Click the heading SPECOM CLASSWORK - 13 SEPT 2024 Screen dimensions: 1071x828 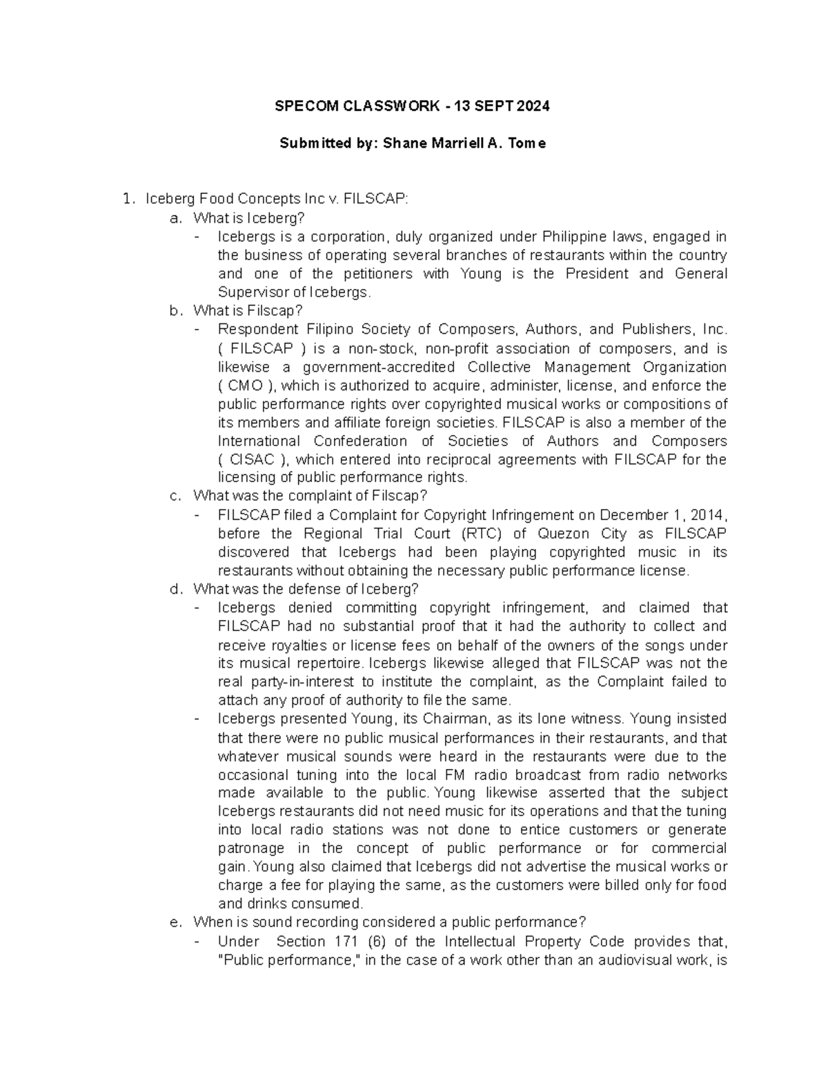(x=413, y=106)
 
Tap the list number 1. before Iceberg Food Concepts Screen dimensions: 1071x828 (x=127, y=199)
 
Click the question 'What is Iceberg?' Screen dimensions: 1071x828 (x=248, y=218)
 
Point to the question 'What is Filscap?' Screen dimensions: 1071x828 (x=248, y=311)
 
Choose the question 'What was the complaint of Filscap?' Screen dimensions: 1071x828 (x=310, y=496)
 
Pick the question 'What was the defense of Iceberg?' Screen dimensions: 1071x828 (x=306, y=589)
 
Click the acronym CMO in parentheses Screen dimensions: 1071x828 (x=246, y=386)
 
